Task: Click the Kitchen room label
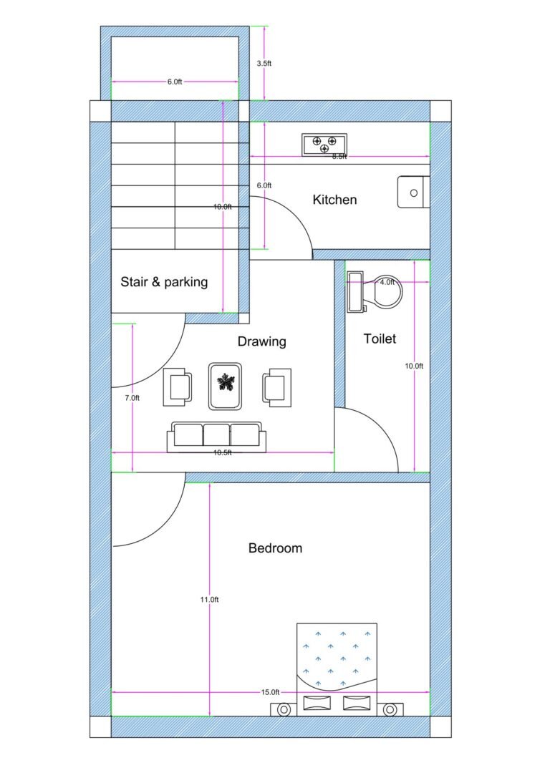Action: pos(334,200)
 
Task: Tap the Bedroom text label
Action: pos(275,548)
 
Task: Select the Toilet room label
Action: pos(380,339)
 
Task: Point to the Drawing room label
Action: pos(261,341)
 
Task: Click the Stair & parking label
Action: pos(164,282)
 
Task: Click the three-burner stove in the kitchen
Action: pos(324,144)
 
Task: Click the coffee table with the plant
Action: pos(226,386)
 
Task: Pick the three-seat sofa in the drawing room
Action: pos(216,437)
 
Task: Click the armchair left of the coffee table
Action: pos(178,386)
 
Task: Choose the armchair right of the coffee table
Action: pos(277,386)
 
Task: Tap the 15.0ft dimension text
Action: pos(270,692)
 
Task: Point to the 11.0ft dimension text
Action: pos(209,599)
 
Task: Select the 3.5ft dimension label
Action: pos(264,63)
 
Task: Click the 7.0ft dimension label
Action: pos(132,397)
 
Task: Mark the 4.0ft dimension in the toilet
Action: pos(387,282)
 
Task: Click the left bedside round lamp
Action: pos(284,710)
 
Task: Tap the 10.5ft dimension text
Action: pos(222,452)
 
